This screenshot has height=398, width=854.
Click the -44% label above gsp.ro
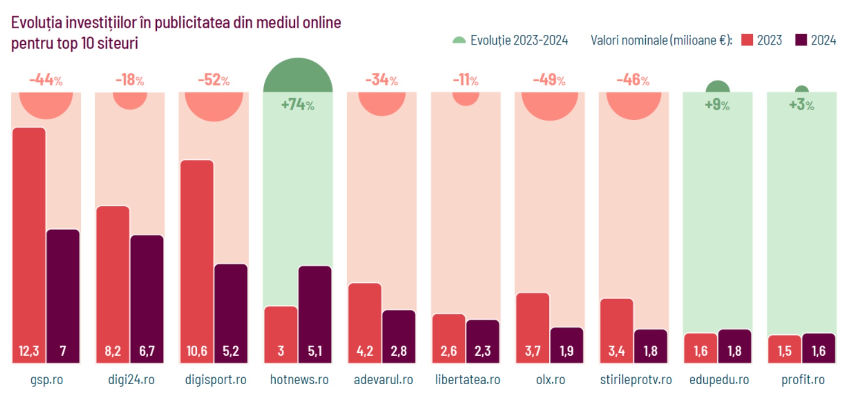46,80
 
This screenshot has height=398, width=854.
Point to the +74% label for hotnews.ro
297,104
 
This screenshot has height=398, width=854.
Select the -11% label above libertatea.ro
466,80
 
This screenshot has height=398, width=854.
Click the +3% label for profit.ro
801,104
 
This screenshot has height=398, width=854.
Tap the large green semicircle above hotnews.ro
298,76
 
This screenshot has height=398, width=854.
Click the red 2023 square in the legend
747,40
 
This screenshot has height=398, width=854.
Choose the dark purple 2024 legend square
801,40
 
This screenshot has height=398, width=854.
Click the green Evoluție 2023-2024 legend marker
459,40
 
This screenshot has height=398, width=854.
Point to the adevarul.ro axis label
383,379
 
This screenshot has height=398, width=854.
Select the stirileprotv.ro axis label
635,379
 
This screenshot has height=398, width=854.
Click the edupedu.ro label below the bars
719,379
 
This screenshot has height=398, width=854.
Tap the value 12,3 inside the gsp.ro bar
29,351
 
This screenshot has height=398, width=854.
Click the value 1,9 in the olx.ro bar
566,351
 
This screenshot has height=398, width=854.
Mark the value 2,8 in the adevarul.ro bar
399,351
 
